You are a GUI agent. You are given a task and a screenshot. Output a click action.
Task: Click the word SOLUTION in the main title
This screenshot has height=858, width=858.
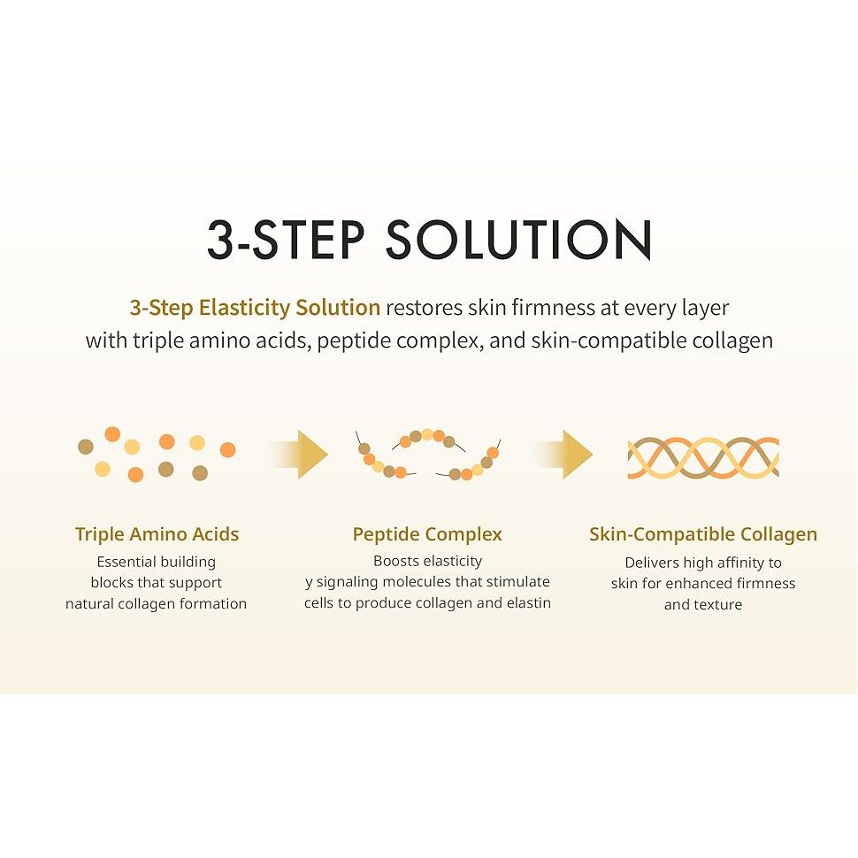click(518, 239)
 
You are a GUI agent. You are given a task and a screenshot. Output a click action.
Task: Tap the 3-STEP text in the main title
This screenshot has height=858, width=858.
click(286, 239)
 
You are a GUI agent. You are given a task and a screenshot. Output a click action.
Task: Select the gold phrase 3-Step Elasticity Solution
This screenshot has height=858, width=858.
click(255, 308)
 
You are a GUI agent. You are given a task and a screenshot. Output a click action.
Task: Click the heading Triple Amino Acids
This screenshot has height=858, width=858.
click(157, 534)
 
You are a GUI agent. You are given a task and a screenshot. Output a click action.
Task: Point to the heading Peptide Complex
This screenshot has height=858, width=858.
click(427, 534)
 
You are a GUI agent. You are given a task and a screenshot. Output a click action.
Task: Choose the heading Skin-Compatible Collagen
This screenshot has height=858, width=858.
click(703, 534)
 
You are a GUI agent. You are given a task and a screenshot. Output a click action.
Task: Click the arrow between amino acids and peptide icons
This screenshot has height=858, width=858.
click(300, 454)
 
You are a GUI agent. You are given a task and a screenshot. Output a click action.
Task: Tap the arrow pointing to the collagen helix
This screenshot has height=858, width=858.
click(564, 454)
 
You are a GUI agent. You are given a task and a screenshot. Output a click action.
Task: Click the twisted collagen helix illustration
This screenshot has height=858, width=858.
click(703, 457)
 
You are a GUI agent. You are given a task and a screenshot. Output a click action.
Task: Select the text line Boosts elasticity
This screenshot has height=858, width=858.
click(427, 561)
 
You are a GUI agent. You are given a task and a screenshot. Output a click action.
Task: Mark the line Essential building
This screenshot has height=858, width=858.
click(157, 562)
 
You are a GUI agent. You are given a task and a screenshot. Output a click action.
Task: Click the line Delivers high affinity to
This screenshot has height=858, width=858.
click(703, 563)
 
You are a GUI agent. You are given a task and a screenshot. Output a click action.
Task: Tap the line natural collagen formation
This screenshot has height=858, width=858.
click(156, 603)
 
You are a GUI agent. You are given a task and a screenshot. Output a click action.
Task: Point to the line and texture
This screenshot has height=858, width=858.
click(703, 605)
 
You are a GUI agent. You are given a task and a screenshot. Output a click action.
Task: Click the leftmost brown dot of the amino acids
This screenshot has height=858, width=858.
click(86, 447)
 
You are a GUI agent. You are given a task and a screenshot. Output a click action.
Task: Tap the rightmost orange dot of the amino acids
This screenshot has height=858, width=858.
click(227, 450)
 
